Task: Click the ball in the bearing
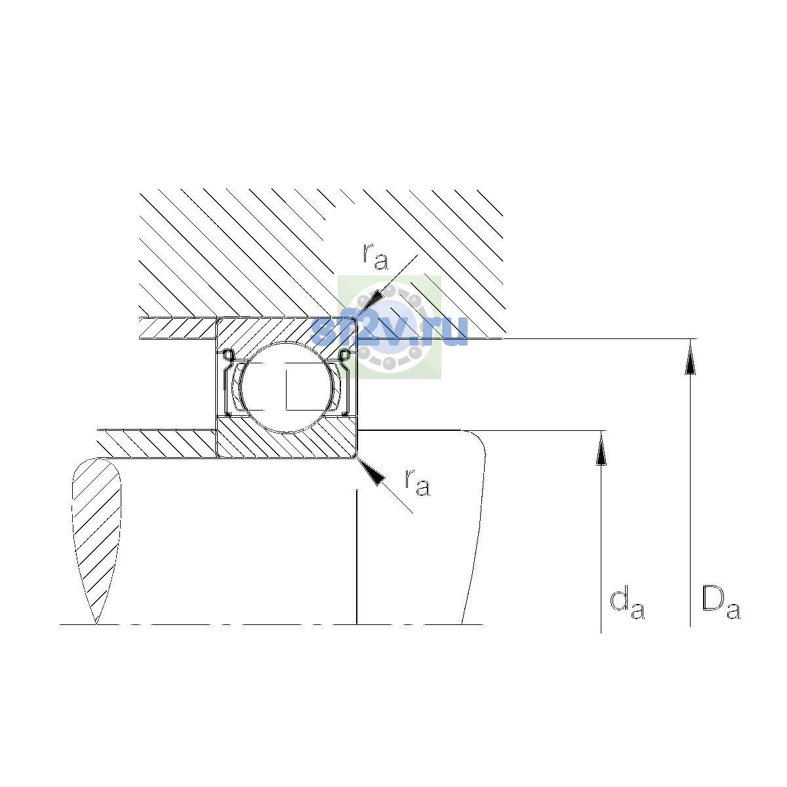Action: (287, 387)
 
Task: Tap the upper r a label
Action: (375, 256)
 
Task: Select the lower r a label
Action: (417, 483)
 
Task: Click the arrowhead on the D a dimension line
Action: (690, 359)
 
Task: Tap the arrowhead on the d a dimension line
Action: (601, 450)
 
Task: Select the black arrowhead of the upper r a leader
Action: (373, 302)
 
